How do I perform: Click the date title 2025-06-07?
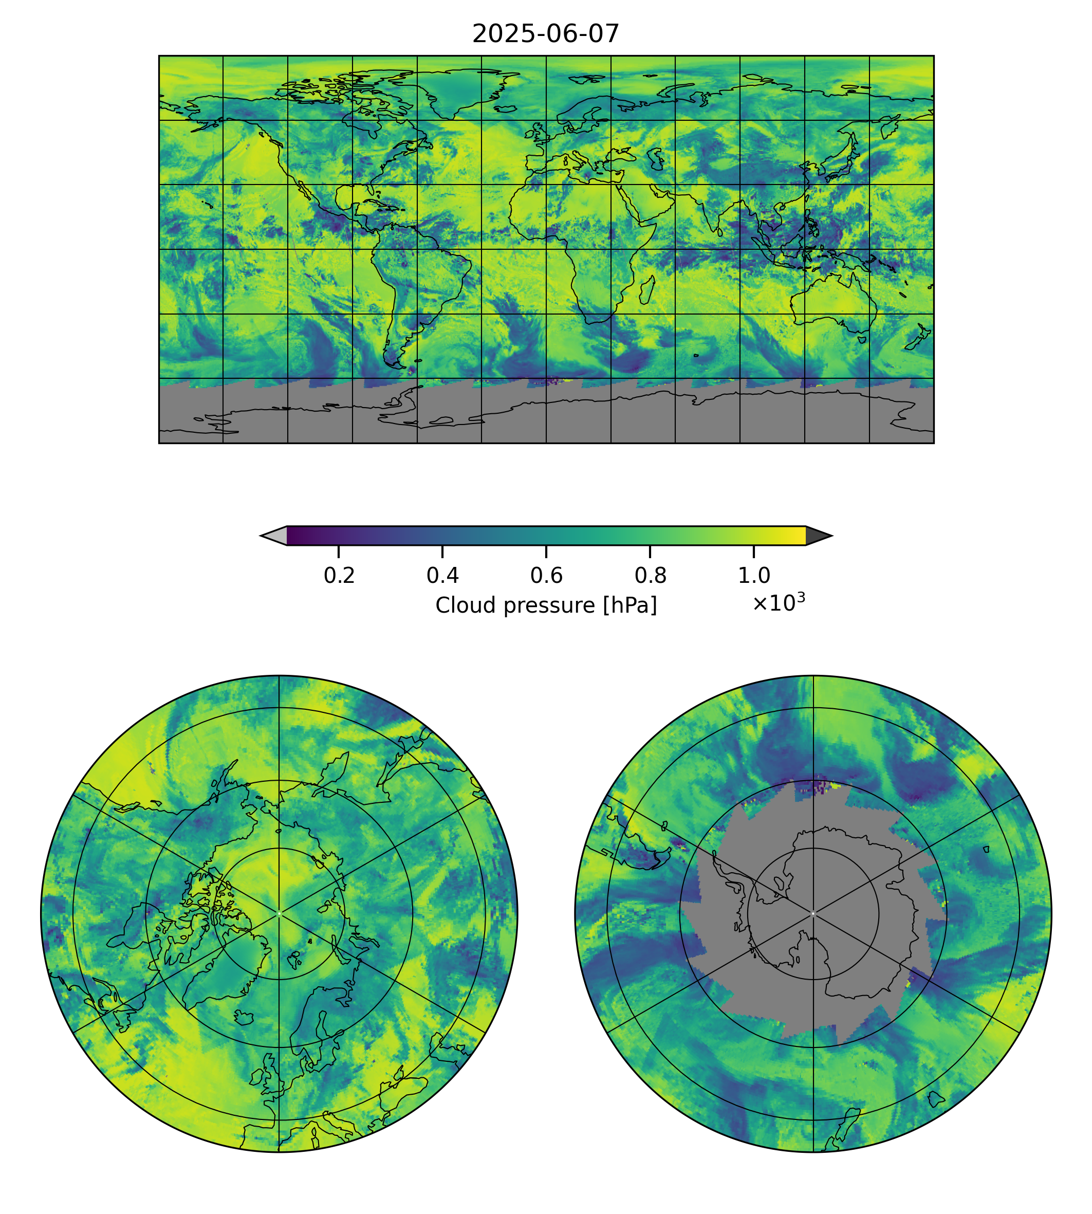(x=545, y=34)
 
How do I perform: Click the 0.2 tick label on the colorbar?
(x=339, y=576)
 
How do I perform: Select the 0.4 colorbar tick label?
(x=442, y=576)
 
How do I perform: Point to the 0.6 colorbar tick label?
(x=546, y=576)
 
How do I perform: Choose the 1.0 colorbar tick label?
(x=753, y=576)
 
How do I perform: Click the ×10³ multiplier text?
(x=778, y=602)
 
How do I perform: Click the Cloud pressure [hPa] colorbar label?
(x=546, y=605)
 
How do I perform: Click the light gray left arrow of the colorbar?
(x=274, y=536)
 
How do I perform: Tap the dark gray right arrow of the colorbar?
(x=818, y=536)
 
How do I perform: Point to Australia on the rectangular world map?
(x=834, y=303)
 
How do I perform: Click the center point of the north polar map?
(x=279, y=913)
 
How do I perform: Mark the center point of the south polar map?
(x=813, y=913)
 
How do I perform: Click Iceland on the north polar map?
(x=245, y=1017)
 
